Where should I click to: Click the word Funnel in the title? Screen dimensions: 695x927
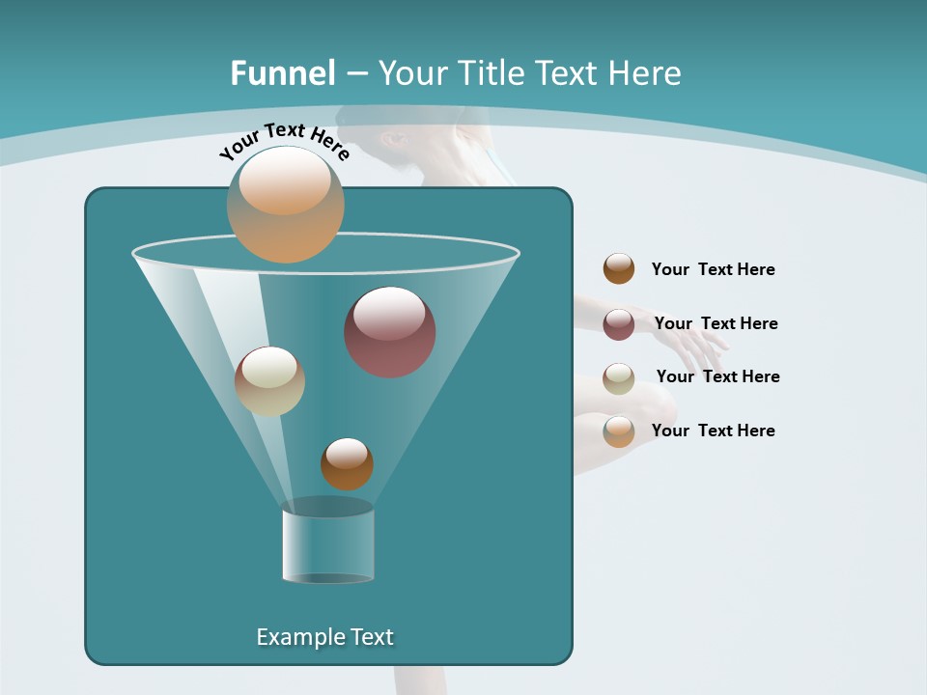[x=282, y=72]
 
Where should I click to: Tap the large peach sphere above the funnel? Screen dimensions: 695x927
[x=285, y=204]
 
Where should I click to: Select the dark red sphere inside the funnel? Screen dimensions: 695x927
[x=389, y=332]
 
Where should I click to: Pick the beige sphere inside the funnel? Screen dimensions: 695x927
[x=269, y=381]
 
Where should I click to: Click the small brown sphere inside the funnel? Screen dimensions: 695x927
[x=347, y=463]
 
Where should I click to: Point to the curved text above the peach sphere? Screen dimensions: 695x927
[x=284, y=141]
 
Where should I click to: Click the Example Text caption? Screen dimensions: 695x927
[x=324, y=637]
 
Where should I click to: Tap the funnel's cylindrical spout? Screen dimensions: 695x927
[x=327, y=546]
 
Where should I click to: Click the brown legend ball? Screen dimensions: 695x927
[x=619, y=268]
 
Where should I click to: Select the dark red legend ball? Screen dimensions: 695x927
[x=619, y=323]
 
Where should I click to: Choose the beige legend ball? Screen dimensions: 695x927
[x=619, y=377]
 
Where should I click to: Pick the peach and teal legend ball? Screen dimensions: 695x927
[x=619, y=431]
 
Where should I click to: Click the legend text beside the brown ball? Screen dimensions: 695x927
[x=713, y=269]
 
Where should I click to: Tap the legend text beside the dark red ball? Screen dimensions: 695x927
[x=716, y=323]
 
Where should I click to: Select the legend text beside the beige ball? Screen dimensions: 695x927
[x=717, y=376]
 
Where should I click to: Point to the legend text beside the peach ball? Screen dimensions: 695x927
[x=713, y=431]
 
